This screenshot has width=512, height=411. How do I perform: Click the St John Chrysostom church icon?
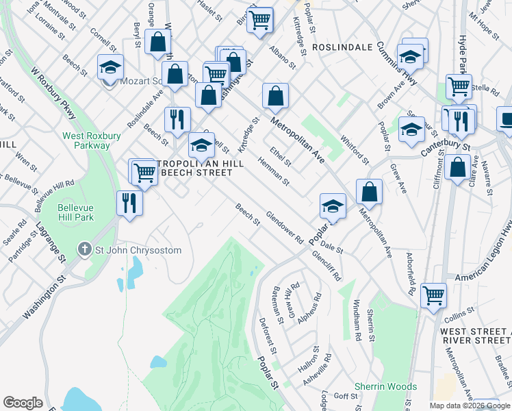point(84,250)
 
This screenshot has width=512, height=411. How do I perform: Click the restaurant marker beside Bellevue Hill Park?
point(129,203)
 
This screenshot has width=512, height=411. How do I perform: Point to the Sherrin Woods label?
point(385,387)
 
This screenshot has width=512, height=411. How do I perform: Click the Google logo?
point(23,403)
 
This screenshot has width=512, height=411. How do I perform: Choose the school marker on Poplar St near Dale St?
point(333,205)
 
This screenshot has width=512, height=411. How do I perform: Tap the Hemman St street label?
point(274,171)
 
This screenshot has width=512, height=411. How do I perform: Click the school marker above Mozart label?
point(110,67)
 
